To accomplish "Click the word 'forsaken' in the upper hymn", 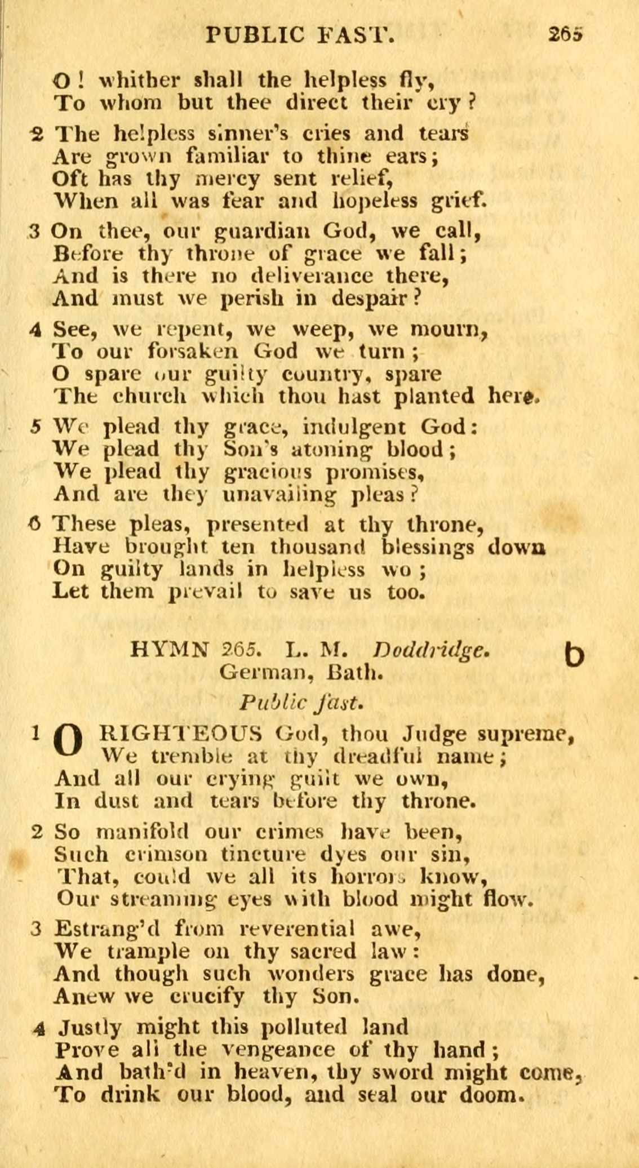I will [x=193, y=351].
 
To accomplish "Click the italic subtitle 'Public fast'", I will [x=300, y=703].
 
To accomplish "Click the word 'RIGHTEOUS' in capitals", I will [x=180, y=734].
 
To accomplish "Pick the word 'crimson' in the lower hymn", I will [x=167, y=855].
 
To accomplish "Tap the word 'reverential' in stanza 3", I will [x=297, y=928].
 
